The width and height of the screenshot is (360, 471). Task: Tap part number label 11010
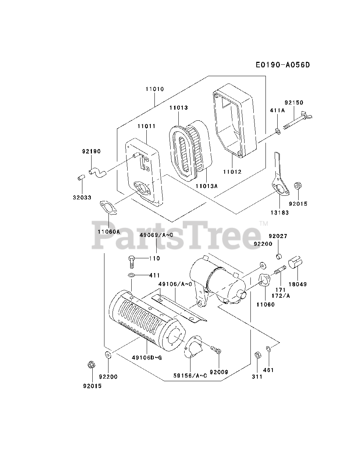154,89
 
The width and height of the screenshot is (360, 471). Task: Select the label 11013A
206,186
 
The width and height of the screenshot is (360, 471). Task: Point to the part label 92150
293,103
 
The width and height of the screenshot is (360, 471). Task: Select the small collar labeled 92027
279,256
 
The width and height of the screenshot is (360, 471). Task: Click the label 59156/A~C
190,375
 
